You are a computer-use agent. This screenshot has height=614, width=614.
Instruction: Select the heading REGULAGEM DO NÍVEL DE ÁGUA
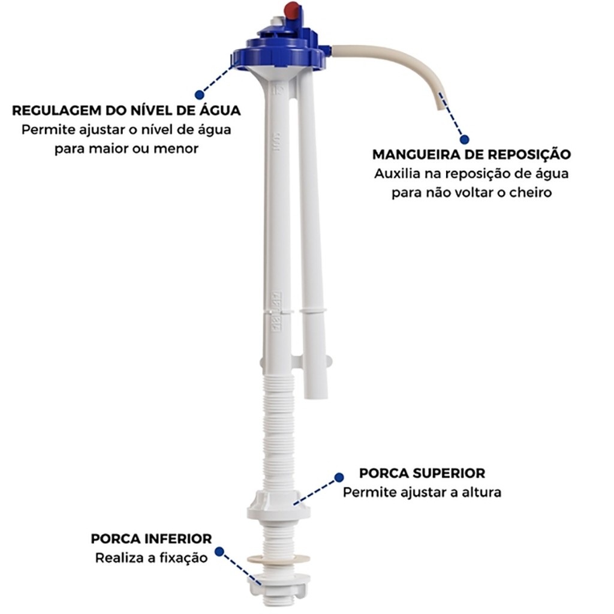pyautogui.click(x=127, y=110)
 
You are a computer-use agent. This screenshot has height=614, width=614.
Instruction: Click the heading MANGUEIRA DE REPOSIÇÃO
pyautogui.click(x=471, y=154)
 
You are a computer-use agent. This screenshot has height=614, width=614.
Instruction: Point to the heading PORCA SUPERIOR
pyautogui.click(x=422, y=473)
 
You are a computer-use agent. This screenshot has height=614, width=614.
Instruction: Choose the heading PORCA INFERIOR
pyautogui.click(x=151, y=539)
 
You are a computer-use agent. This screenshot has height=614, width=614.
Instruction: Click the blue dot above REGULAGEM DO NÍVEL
pyautogui.click(x=199, y=95)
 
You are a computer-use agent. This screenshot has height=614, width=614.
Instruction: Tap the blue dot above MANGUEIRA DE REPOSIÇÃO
pyautogui.click(x=465, y=139)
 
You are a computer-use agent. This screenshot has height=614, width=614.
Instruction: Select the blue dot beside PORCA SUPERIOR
pyautogui.click(x=339, y=477)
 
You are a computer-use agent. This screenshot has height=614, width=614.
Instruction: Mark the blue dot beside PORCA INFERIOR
pyautogui.click(x=219, y=552)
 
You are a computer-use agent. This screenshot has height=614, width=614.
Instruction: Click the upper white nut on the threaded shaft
pyautogui.click(x=278, y=505)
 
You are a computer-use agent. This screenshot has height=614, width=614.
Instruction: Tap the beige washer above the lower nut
pyautogui.click(x=278, y=558)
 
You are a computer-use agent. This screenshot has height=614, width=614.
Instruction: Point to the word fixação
pyautogui.click(x=186, y=558)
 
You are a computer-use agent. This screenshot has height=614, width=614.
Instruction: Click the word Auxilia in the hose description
pyautogui.click(x=397, y=173)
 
